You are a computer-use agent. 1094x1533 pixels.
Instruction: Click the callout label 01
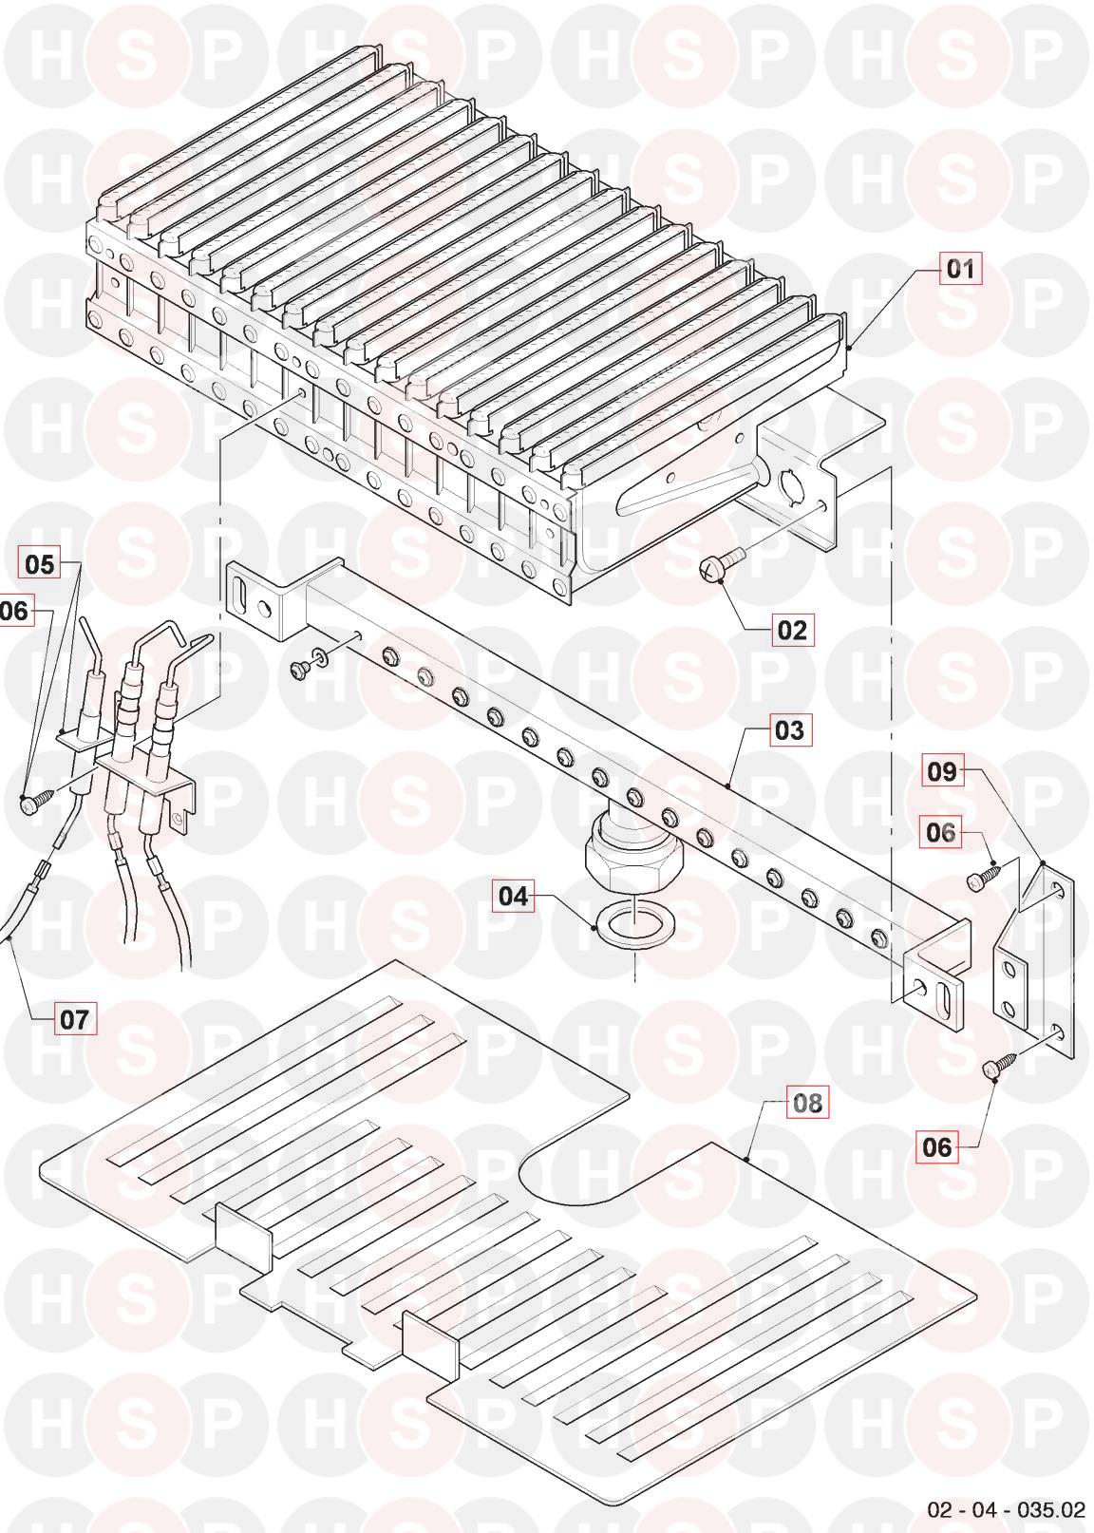point(960,269)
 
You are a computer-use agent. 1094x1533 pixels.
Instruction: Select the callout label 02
point(792,630)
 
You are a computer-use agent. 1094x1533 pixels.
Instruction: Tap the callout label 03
point(789,730)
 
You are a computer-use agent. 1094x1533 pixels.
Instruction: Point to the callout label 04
point(513,896)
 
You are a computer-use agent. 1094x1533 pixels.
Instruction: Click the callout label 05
point(39,564)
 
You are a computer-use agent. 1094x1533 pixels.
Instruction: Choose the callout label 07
point(75,1020)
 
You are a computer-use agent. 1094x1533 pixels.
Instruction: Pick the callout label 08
point(806,1103)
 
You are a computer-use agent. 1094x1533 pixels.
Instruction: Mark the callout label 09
point(941,772)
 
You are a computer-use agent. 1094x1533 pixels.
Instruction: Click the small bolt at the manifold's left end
point(299,667)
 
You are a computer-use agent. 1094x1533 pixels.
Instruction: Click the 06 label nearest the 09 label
point(940,832)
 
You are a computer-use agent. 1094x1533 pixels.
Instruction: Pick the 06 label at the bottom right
point(937,1146)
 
